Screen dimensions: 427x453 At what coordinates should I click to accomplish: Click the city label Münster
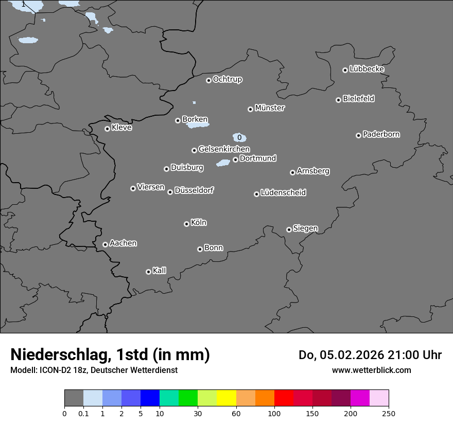pyautogui.click(x=270, y=108)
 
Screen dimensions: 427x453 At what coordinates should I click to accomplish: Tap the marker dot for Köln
pyautogui.click(x=186, y=224)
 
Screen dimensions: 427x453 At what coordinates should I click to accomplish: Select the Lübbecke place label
pyautogui.click(x=367, y=69)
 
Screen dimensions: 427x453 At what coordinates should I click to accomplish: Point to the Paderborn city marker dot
pyautogui.click(x=358, y=135)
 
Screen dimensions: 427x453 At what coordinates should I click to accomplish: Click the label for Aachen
pyautogui.click(x=123, y=243)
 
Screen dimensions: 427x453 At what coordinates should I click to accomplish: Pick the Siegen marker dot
pyautogui.click(x=289, y=229)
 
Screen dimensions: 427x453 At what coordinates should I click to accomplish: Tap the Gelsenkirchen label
pyautogui.click(x=224, y=149)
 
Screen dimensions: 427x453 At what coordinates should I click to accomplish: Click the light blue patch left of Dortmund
pyautogui.click(x=223, y=163)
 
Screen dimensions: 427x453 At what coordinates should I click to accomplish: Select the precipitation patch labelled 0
pyautogui.click(x=240, y=137)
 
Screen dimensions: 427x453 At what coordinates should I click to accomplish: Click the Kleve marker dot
pyautogui.click(x=107, y=129)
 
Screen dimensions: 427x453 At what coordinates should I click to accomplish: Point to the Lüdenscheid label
pyautogui.click(x=283, y=193)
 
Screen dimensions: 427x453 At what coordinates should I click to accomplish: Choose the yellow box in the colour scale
pyautogui.click(x=226, y=398)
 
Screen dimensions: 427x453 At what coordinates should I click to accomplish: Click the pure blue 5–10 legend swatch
pyautogui.click(x=150, y=398)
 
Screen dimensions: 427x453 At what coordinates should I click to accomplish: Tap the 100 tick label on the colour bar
pyautogui.click(x=274, y=413)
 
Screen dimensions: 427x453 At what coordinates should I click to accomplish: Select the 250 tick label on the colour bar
pyautogui.click(x=389, y=413)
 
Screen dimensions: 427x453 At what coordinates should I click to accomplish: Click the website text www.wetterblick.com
pyautogui.click(x=371, y=370)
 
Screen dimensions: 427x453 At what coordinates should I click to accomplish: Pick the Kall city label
pyautogui.click(x=160, y=271)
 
